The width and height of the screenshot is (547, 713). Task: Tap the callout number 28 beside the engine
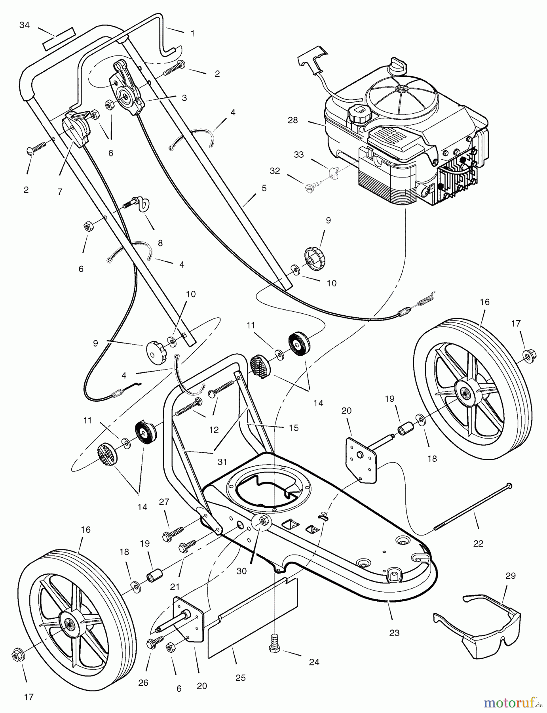click(x=293, y=120)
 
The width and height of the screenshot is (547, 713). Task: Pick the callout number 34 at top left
click(x=25, y=25)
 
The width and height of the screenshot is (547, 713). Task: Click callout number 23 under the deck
click(x=394, y=633)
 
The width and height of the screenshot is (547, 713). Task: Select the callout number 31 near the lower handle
click(x=222, y=461)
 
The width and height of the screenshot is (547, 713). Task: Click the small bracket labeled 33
click(x=334, y=173)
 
